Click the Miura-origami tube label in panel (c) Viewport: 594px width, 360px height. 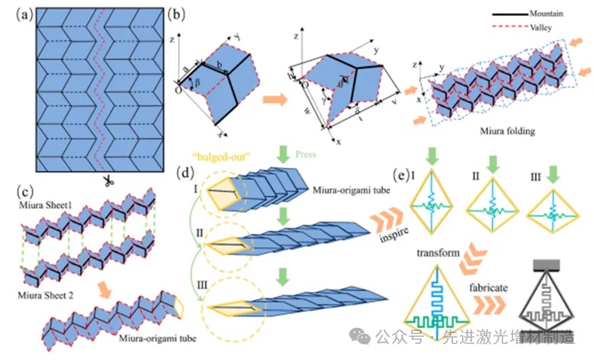(x=159, y=334)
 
